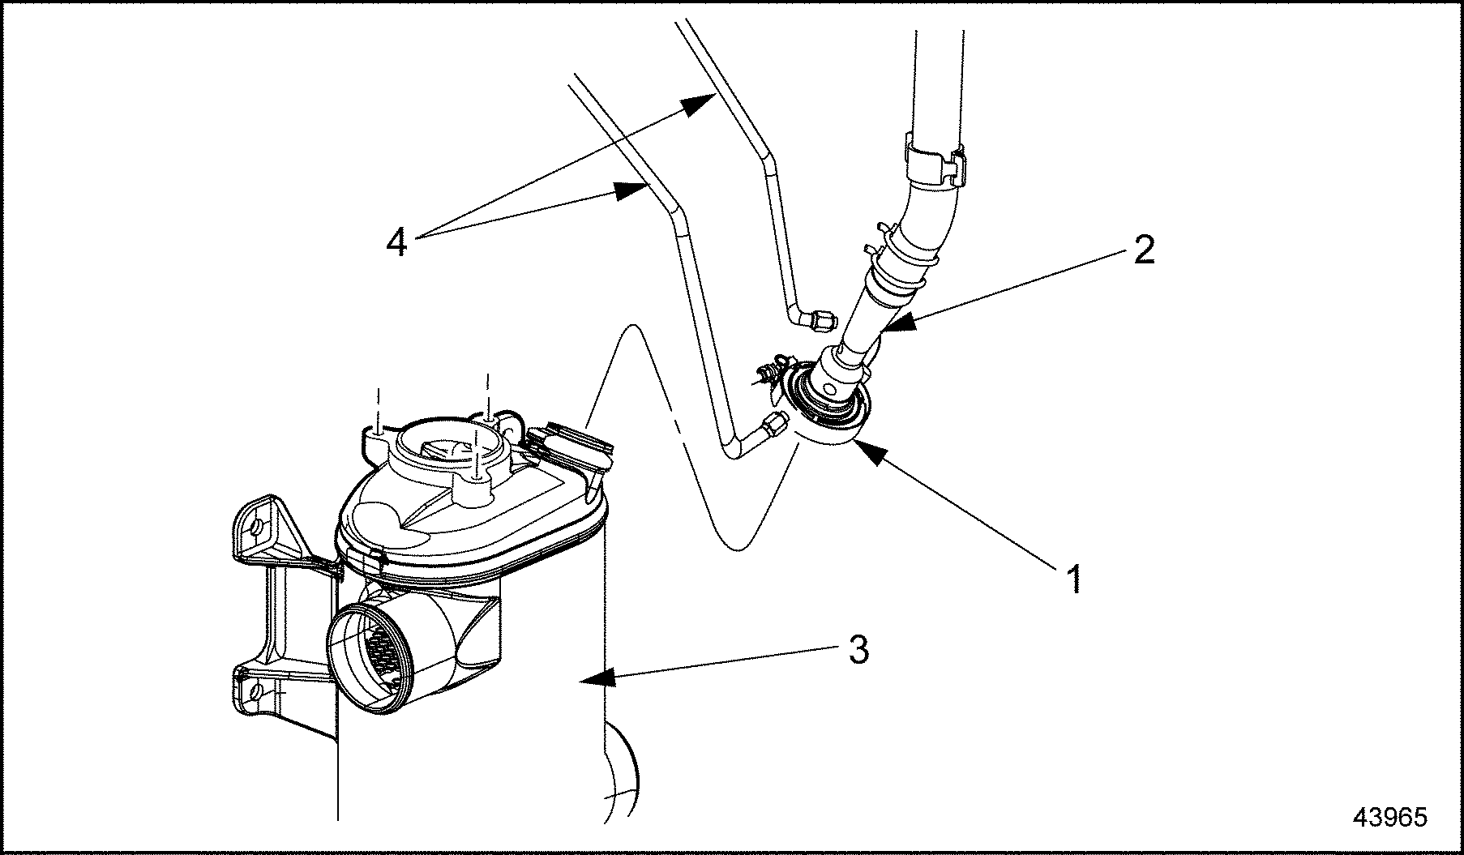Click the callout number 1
(1073, 580)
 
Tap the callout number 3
(858, 649)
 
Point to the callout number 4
(396, 241)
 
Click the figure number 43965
(1389, 817)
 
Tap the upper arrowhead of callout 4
(693, 104)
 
